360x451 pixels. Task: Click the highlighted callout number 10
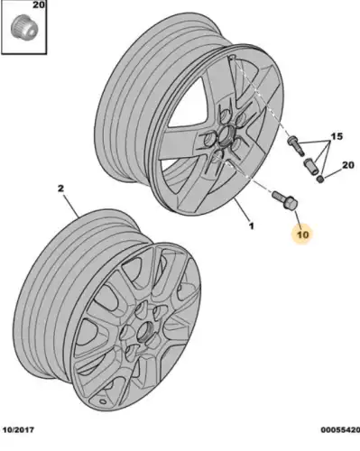303,235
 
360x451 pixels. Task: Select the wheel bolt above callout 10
284,199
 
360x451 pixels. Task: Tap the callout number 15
337,136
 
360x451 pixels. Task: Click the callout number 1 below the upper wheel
252,225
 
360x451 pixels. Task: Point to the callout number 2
60,189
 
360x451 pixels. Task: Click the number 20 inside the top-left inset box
38,5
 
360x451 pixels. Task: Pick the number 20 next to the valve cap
348,165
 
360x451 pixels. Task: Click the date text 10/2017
18,429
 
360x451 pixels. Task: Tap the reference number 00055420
340,429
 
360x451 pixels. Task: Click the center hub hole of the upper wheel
226,133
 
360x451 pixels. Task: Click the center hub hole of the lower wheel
145,331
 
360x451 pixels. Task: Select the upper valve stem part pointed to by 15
296,145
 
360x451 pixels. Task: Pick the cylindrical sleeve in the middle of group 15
310,166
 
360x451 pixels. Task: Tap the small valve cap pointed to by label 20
321,179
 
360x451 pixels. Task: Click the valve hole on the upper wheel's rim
232,57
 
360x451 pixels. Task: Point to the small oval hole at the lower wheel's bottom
103,401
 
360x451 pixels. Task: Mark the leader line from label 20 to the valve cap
333,173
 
